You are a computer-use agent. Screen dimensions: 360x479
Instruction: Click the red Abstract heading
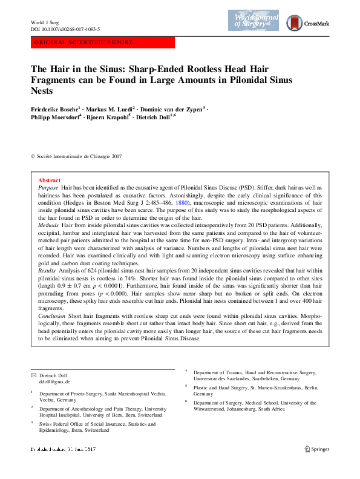click(x=49, y=180)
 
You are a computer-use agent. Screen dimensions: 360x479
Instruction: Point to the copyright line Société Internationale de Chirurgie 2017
click(x=79, y=156)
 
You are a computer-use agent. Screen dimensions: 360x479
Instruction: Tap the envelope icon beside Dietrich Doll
click(x=33, y=375)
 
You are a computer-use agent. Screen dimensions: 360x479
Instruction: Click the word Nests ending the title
click(x=42, y=91)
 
